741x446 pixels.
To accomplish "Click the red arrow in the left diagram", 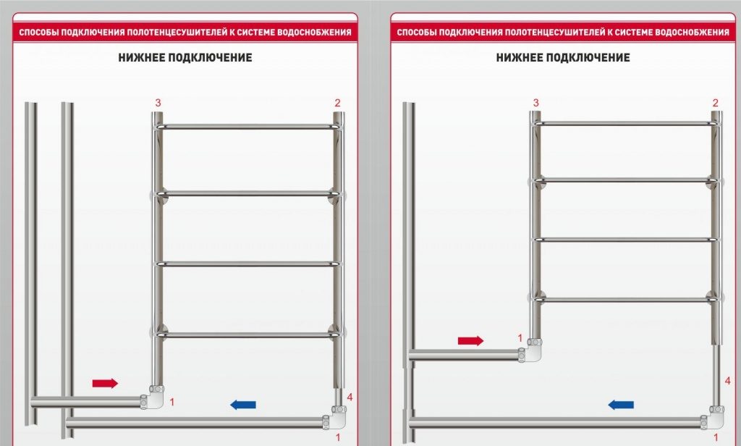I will [105, 383].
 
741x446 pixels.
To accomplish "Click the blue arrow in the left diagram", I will [242, 405].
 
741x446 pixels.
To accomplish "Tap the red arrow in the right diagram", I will [470, 340].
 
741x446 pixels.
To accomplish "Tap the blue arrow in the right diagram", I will [621, 405].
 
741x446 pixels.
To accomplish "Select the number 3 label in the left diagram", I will [158, 103].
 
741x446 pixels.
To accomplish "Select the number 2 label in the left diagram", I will [337, 103].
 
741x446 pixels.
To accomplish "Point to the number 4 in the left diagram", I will [350, 397].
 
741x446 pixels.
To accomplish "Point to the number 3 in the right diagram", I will [536, 103].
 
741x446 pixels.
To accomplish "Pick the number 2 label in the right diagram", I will [716, 103].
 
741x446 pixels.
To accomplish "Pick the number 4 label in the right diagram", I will [727, 381].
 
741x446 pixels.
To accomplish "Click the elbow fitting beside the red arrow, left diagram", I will [154, 398].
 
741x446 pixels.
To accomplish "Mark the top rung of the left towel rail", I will [247, 127].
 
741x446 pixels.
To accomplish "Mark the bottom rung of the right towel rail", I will [626, 298].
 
